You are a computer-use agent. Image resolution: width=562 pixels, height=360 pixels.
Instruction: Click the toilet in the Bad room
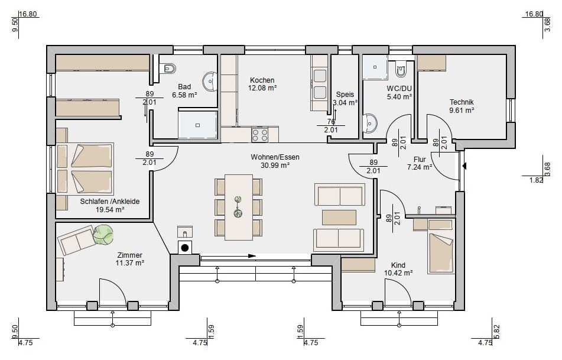pyautogui.click(x=168, y=68)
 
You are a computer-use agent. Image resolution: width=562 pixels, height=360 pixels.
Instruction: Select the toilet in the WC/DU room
pyautogui.click(x=401, y=69)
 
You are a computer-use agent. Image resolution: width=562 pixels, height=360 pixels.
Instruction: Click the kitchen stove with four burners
pyautogui.click(x=260, y=135)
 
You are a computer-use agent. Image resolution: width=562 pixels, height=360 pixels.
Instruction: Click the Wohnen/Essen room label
pyautogui.click(x=275, y=157)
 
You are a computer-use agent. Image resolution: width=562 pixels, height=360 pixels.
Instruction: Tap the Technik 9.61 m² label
pyautogui.click(x=462, y=106)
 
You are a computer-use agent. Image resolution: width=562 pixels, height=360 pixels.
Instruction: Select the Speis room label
pyautogui.click(x=345, y=95)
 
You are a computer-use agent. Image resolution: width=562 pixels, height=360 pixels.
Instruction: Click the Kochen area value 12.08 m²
pyautogui.click(x=262, y=88)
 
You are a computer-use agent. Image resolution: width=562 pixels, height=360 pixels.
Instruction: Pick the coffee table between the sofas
pyautogui.click(x=339, y=218)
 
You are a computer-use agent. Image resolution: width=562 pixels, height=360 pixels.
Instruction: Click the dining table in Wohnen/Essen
pyautogui.click(x=239, y=207)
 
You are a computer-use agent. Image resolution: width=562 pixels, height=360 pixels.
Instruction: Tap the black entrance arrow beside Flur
pyautogui.click(x=464, y=166)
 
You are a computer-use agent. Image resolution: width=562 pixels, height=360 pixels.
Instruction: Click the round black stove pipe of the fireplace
pyautogui.click(x=185, y=248)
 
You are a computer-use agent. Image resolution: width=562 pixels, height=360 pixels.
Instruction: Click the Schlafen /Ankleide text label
pyautogui.click(x=110, y=202)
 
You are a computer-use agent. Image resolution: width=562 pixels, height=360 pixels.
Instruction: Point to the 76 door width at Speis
pyautogui.click(x=331, y=122)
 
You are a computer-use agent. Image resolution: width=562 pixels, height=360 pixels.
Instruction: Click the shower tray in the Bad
pyautogui.click(x=198, y=125)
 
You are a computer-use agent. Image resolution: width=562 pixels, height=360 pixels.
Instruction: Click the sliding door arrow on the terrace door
pyautogui.click(x=228, y=255)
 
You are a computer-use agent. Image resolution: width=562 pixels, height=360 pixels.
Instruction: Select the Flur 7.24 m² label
pyautogui.click(x=420, y=163)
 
